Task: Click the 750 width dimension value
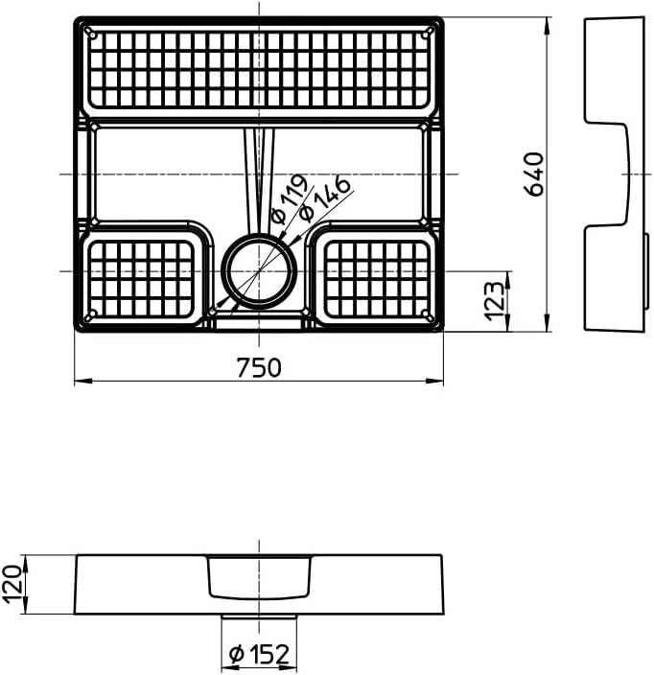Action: [259, 368]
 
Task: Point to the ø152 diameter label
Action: [259, 654]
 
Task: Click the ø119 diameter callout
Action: [288, 198]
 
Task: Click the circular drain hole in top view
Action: [260, 270]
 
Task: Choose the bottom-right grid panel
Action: [375, 278]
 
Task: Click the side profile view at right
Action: [615, 174]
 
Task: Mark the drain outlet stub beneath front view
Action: [259, 617]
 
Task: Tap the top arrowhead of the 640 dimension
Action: [547, 22]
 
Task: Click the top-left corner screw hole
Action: [92, 33]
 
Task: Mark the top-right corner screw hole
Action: [428, 33]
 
